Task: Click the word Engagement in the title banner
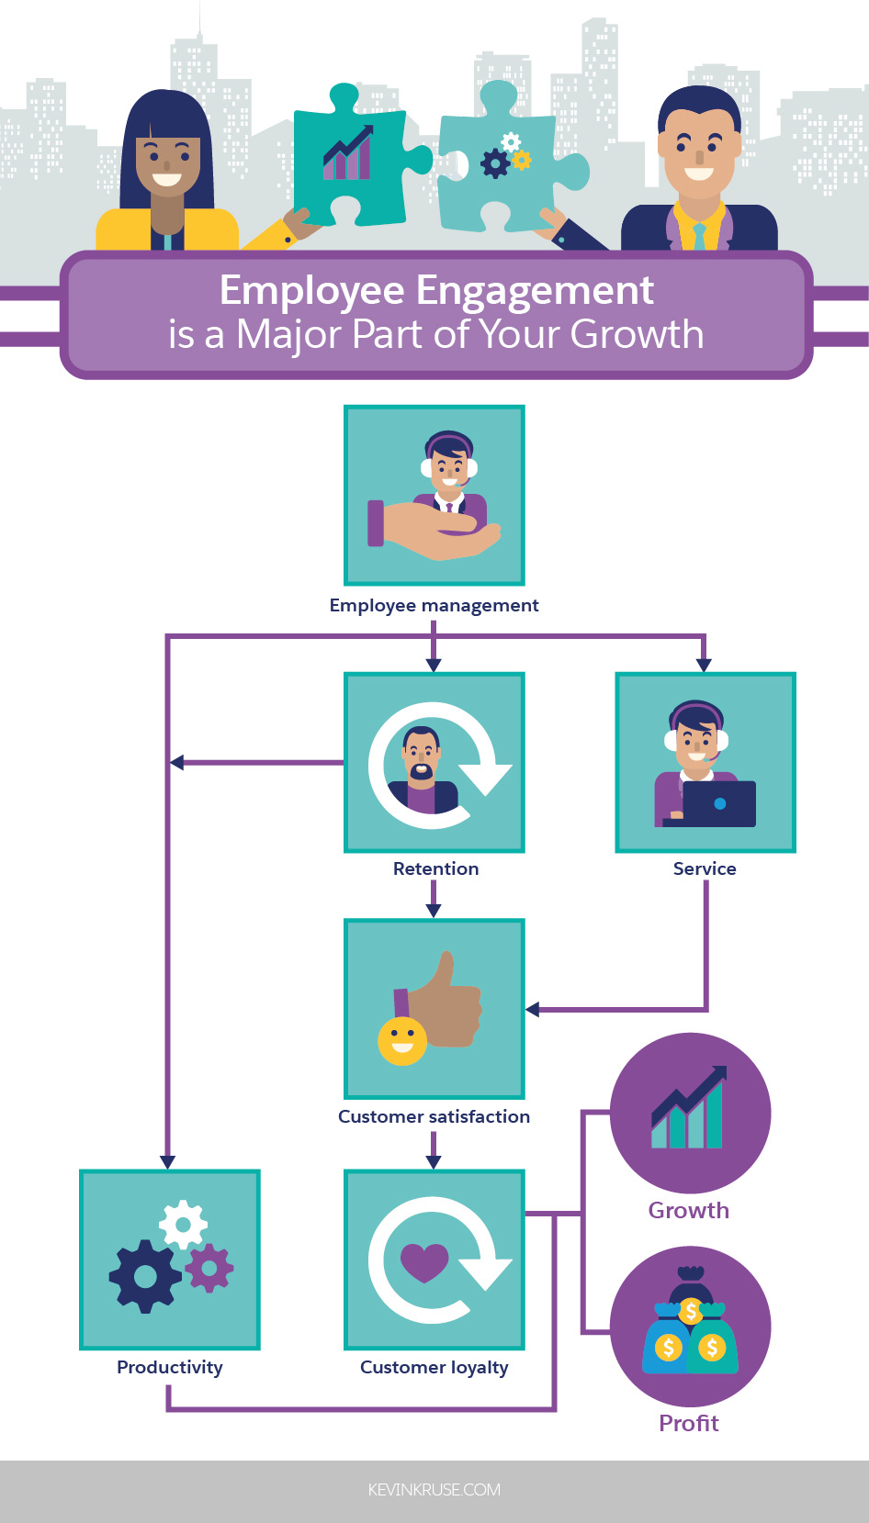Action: point(535,291)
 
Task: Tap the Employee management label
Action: point(434,605)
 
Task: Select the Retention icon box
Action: point(434,763)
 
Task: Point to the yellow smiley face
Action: point(402,1040)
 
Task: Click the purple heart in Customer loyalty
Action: point(423,1261)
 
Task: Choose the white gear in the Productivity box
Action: point(183,1224)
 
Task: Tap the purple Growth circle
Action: point(690,1113)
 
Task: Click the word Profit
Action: point(689,1423)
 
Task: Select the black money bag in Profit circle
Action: point(691,1286)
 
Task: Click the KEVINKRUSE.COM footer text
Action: point(434,1490)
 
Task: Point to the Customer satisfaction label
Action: point(434,1116)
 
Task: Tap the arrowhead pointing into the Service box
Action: point(704,664)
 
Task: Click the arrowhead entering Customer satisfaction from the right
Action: point(533,1010)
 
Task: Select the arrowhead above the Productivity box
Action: point(167,1161)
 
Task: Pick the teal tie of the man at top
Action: point(700,237)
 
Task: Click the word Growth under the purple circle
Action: point(689,1210)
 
